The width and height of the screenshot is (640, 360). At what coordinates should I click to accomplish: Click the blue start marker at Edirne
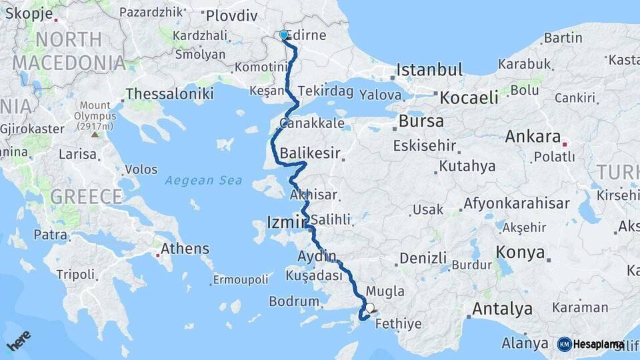tap(284, 35)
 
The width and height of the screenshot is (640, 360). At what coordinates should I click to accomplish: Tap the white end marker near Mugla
tap(370, 309)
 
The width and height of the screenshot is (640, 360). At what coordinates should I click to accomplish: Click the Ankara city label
tap(533, 137)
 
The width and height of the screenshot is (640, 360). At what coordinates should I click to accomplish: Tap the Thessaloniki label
tap(169, 94)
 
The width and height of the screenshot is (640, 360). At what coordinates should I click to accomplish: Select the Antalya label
tap(502, 309)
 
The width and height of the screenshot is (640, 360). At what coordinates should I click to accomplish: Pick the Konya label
tap(520, 253)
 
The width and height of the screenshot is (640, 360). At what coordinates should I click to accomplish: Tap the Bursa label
tap(421, 121)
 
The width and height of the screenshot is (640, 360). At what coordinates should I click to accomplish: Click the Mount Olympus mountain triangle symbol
tap(95, 135)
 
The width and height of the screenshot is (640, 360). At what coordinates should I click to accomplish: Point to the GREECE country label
tap(87, 197)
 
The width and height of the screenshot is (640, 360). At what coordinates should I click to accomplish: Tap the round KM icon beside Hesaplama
tap(564, 344)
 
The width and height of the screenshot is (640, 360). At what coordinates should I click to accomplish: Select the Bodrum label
tap(294, 301)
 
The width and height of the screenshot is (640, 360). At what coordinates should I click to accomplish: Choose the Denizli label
tap(423, 258)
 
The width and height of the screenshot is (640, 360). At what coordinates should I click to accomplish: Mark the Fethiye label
tap(398, 324)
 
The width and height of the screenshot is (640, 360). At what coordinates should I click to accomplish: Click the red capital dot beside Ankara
tap(565, 143)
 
